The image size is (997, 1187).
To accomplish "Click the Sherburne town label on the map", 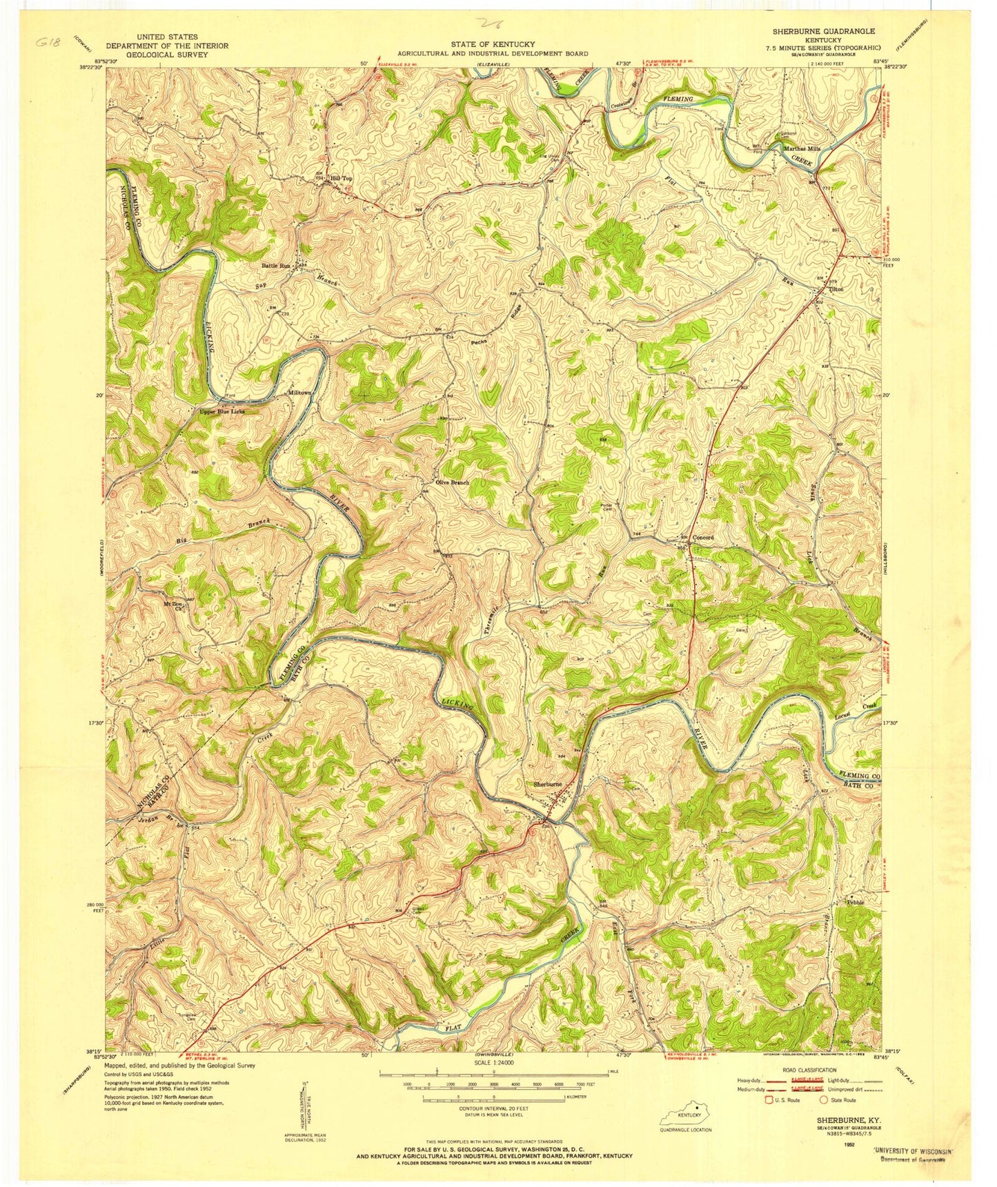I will (548, 785).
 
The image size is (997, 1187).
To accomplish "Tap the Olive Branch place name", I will (452, 482).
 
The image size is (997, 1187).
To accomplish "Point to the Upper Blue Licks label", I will (221, 411).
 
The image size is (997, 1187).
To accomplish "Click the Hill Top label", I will (342, 178).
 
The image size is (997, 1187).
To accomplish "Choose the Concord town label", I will (702, 537).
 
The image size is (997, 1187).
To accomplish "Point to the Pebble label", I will (855, 902).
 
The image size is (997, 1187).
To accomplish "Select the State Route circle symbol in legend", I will (822, 1100).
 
